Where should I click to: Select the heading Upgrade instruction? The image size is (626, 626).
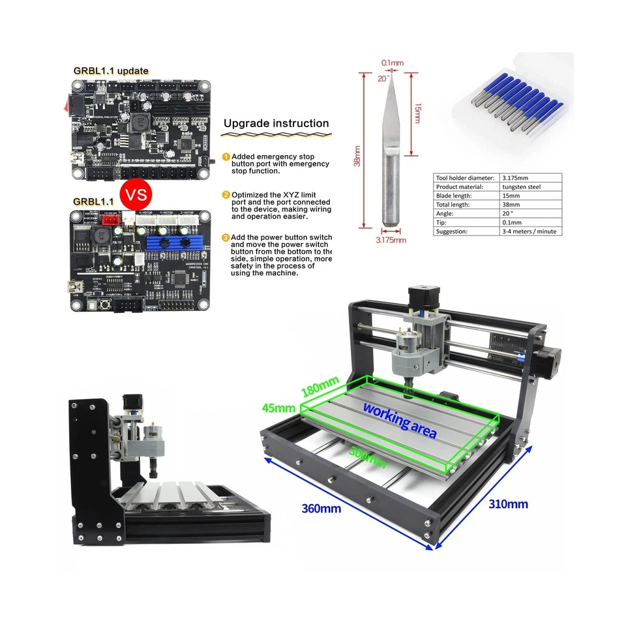pos(276,123)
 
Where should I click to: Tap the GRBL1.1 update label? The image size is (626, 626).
pos(111,70)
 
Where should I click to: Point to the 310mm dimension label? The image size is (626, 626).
pos(508,503)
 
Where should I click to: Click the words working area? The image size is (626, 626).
pos(400,419)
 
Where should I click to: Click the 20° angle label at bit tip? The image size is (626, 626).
pos(383,78)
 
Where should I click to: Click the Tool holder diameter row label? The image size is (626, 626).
pos(464,177)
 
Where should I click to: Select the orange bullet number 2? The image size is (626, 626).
pos(226,194)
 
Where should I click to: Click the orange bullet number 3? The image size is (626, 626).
pos(226,237)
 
